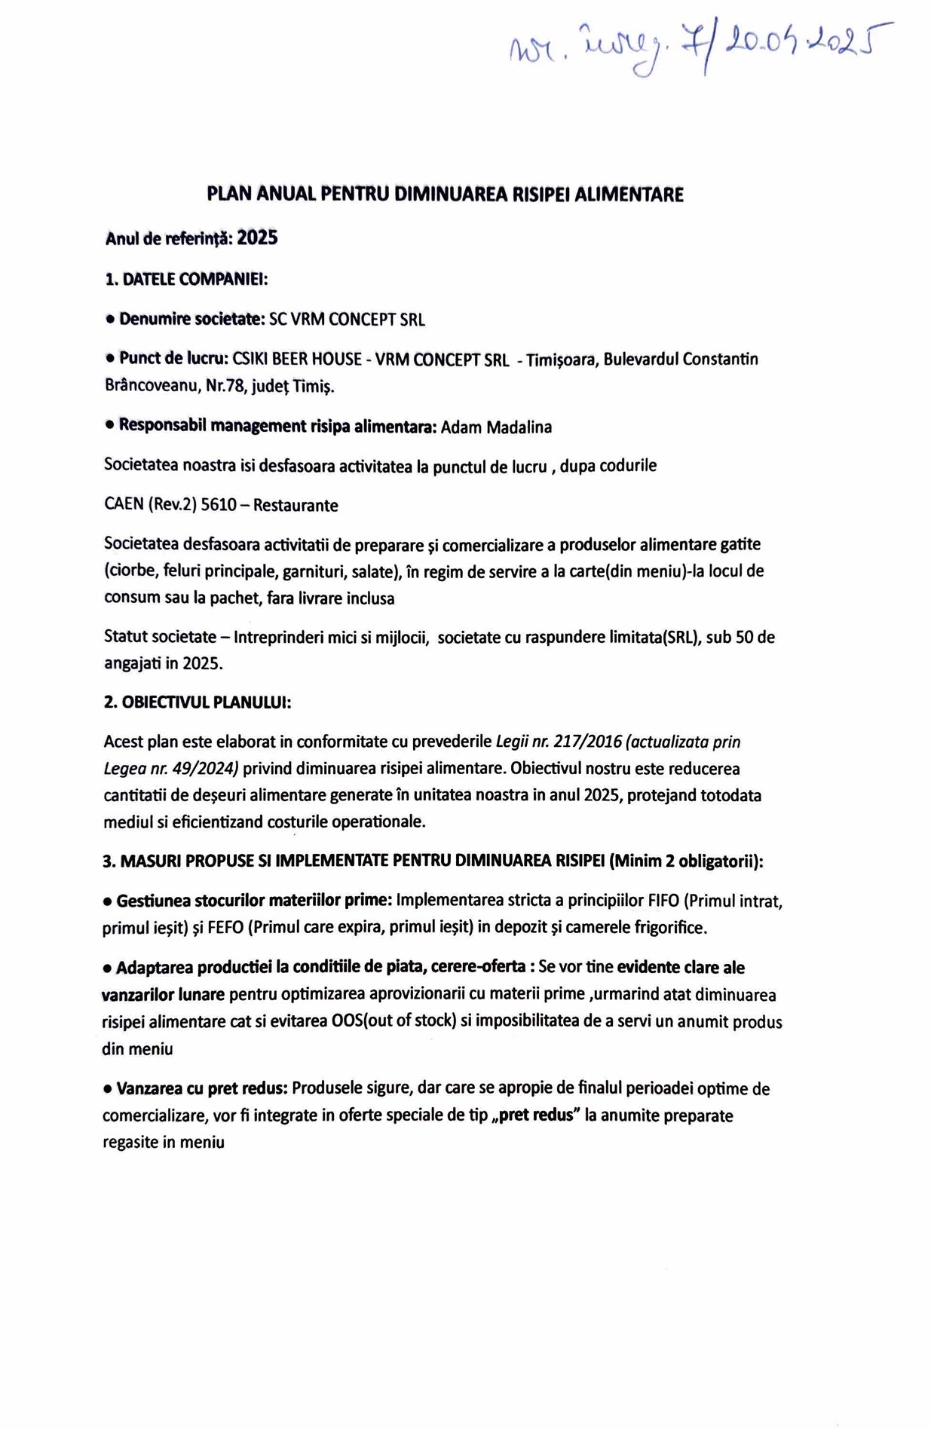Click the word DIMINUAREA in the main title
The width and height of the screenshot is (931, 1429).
[x=452, y=194]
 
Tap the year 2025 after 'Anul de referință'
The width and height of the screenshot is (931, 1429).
[x=257, y=238]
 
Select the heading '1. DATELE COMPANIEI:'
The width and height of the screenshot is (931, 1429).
[x=186, y=279]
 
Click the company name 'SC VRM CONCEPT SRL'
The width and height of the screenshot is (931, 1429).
[x=347, y=320]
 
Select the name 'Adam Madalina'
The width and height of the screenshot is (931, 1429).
[x=496, y=427]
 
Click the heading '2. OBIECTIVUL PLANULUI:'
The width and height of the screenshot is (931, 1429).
[x=197, y=702]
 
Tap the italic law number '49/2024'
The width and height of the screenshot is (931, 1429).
[x=210, y=769]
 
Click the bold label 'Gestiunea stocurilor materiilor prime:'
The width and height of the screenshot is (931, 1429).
[x=253, y=900]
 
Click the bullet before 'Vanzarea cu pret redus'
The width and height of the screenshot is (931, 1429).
[x=108, y=1089]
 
